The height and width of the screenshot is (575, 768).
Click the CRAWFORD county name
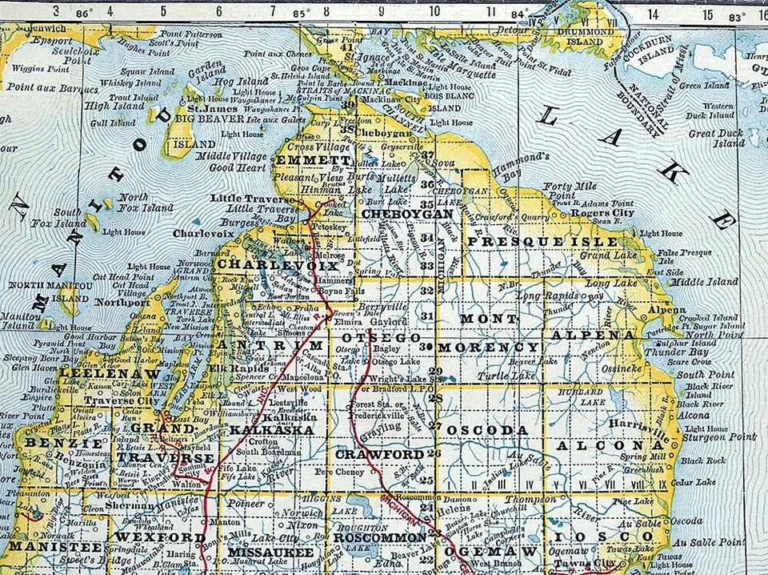coord(379,454)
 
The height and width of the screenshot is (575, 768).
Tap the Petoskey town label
coord(333,227)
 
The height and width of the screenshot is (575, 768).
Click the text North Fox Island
coord(146,202)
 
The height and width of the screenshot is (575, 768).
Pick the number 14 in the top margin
coord(653,13)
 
